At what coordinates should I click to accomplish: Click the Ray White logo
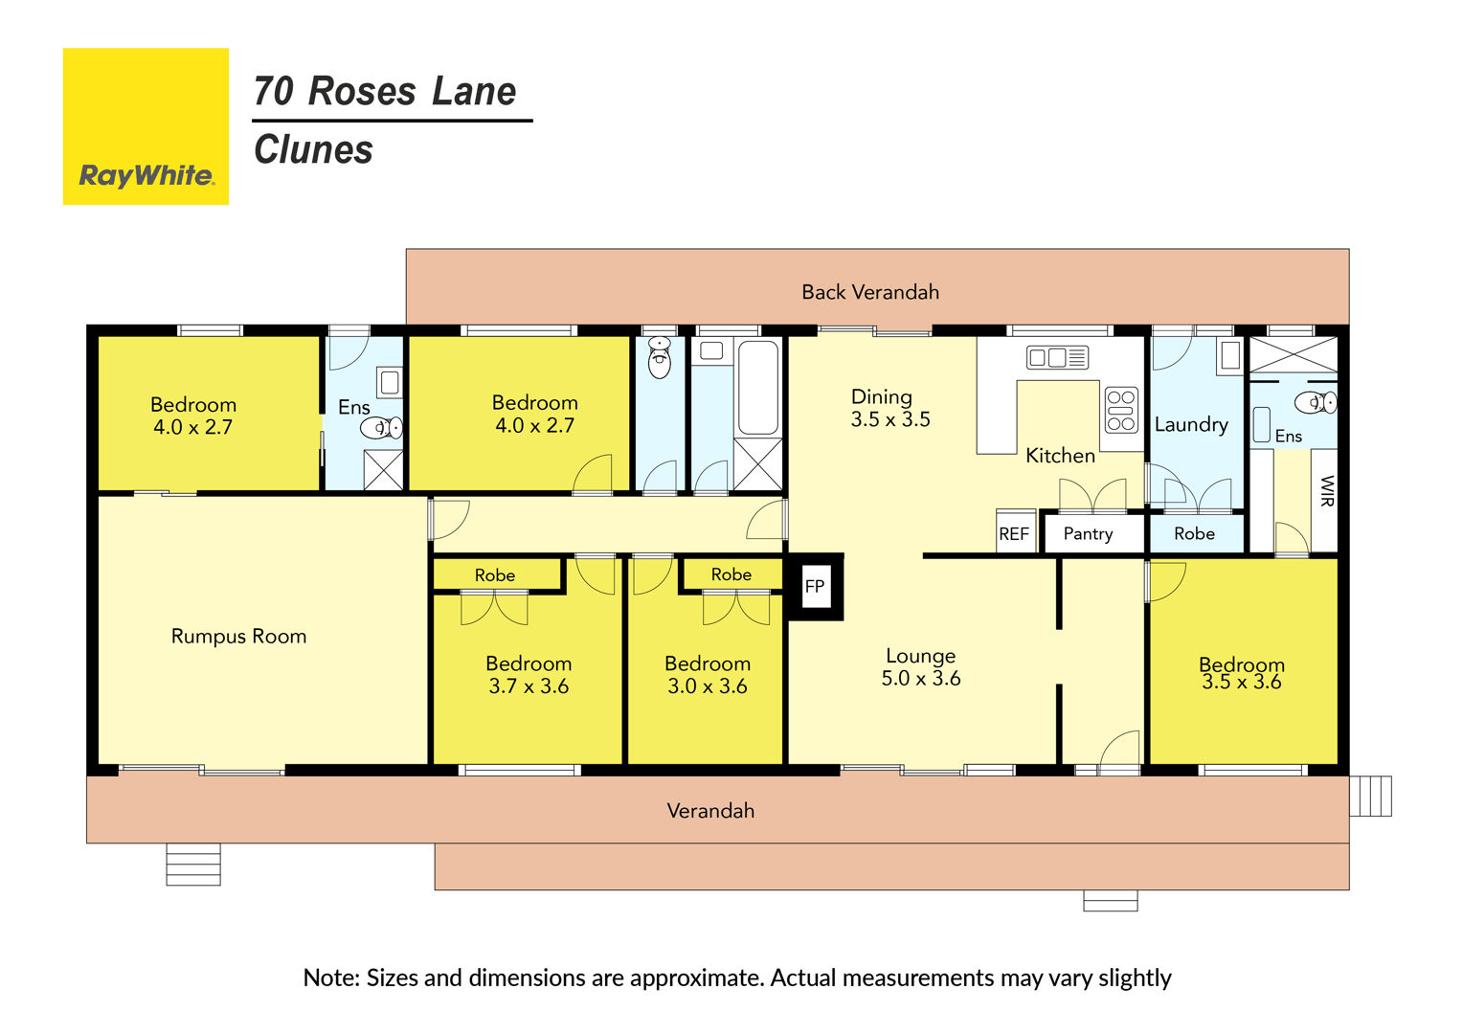pyautogui.click(x=146, y=126)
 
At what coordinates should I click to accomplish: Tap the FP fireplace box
pyautogui.click(x=816, y=587)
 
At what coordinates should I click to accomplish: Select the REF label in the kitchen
pyautogui.click(x=1014, y=534)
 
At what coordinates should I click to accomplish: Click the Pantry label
pyautogui.click(x=1088, y=533)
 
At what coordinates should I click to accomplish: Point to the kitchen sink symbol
pyautogui.click(x=1057, y=357)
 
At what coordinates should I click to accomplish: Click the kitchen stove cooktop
pyautogui.click(x=1121, y=410)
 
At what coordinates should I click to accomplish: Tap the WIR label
pyautogui.click(x=1326, y=491)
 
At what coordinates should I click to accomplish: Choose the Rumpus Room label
pyautogui.click(x=238, y=637)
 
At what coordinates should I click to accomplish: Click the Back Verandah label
pyautogui.click(x=870, y=292)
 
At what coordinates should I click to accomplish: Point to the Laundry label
pyautogui.click(x=1191, y=424)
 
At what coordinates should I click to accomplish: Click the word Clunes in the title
pyautogui.click(x=313, y=149)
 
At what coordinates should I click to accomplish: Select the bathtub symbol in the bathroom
pyautogui.click(x=757, y=387)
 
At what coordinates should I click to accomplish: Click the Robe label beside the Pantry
pyautogui.click(x=1194, y=533)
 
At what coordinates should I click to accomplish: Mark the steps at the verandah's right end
pyautogui.click(x=1370, y=796)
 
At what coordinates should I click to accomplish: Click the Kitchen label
pyautogui.click(x=1060, y=456)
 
